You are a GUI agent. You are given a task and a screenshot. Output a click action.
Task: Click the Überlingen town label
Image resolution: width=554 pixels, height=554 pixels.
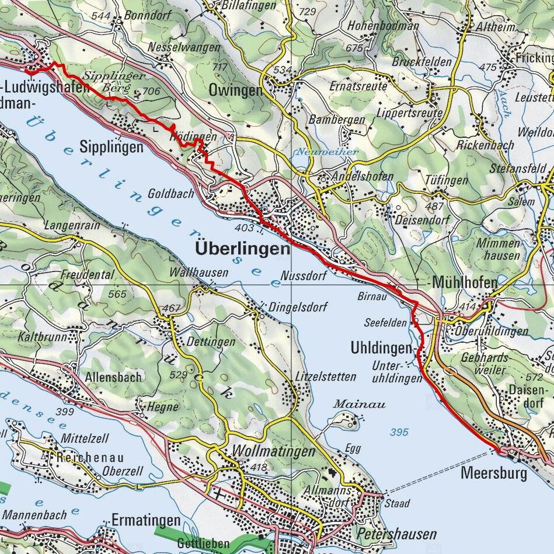[x=242, y=249]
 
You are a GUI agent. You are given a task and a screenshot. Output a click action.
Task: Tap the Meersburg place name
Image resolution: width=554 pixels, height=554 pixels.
[x=493, y=472]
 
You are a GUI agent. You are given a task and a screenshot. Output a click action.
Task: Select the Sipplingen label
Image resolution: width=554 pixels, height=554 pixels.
[x=111, y=147]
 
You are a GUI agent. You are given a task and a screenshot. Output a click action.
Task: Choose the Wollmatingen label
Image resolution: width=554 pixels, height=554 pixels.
[x=273, y=451]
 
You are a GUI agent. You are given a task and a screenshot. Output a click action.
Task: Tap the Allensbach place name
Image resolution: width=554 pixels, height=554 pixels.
[x=113, y=377]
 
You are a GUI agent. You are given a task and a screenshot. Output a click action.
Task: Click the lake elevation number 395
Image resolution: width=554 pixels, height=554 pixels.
[x=399, y=432]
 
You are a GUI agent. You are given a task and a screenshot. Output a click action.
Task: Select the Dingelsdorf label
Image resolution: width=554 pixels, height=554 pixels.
[x=298, y=306]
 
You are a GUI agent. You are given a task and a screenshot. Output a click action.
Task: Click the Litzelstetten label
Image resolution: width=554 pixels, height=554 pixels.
[x=325, y=377]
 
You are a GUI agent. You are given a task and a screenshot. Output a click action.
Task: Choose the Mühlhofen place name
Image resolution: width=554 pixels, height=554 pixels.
[x=465, y=283]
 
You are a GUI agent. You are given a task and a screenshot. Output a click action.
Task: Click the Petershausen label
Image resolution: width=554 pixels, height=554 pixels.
[x=396, y=534]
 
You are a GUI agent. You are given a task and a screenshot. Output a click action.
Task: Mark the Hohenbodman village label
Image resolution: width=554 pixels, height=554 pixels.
[x=384, y=26]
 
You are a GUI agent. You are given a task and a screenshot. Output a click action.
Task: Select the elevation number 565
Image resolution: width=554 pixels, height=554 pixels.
[x=117, y=294]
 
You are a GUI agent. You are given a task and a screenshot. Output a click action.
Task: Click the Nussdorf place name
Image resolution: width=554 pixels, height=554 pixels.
[x=303, y=276]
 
